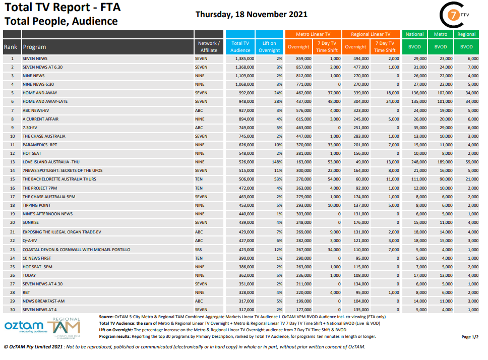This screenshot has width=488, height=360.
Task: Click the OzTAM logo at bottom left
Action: (x=24, y=327)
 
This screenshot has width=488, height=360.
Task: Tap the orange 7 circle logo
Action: (x=453, y=15)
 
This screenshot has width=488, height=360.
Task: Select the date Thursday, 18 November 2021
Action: (x=251, y=14)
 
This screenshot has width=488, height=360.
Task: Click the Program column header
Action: (x=35, y=47)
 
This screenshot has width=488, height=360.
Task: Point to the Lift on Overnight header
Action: (x=269, y=47)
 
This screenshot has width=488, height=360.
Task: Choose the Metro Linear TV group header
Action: (x=313, y=34)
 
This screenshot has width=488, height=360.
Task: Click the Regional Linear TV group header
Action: (x=371, y=34)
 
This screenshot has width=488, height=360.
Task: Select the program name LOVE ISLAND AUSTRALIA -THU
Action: (x=51, y=162)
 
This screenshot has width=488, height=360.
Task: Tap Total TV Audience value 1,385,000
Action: (x=245, y=58)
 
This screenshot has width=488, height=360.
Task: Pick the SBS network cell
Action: (x=199, y=250)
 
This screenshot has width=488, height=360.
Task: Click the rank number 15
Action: (x=13, y=179)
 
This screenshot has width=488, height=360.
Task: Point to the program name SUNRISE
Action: (x=30, y=222)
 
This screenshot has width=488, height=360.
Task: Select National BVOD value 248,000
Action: (x=419, y=162)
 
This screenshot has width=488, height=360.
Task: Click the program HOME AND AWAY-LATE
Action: (x=45, y=101)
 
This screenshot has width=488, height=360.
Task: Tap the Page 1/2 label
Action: (x=470, y=337)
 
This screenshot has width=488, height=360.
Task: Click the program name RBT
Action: (x=26, y=292)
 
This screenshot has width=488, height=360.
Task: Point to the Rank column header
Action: (x=11, y=47)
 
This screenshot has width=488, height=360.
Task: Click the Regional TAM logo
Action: (x=65, y=327)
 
